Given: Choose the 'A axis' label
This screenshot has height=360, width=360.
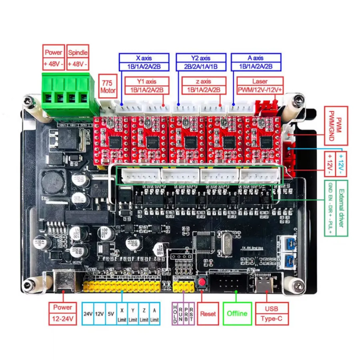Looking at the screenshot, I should [256, 58].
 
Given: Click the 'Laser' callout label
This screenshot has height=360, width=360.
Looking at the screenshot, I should [260, 81].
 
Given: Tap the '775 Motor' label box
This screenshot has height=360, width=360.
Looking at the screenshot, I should [108, 86].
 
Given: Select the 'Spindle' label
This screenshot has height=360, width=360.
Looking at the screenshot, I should [78, 52].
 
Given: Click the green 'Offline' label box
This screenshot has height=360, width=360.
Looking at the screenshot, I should [236, 314].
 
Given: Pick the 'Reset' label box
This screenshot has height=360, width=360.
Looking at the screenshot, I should [209, 314].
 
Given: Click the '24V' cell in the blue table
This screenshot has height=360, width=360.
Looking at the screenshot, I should [88, 314].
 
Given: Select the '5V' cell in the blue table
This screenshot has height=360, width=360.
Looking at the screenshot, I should [111, 314].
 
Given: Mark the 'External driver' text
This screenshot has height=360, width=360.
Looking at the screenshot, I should [341, 208].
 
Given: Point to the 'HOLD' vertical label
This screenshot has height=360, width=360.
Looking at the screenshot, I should [175, 314].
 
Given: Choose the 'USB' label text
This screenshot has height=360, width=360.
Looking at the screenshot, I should [271, 309].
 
